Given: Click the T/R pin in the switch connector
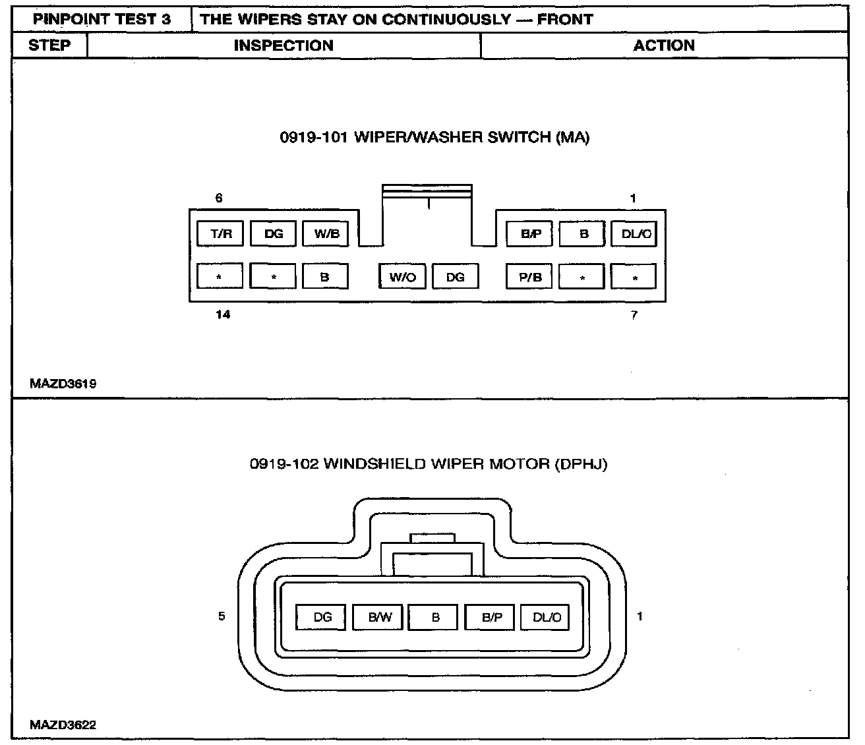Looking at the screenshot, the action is click(220, 234).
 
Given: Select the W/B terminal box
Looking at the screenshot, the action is click(326, 234).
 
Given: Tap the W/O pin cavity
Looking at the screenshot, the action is click(402, 277).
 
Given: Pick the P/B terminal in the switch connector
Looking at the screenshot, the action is click(529, 277).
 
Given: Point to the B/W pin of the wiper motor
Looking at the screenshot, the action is click(379, 618).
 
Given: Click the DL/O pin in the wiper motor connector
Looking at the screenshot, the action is click(546, 618).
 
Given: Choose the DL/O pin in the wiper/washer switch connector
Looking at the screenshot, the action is click(634, 234).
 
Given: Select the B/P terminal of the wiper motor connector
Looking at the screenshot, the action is click(491, 618).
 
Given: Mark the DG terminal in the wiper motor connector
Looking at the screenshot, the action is click(322, 618).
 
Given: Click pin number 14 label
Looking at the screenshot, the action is click(223, 314).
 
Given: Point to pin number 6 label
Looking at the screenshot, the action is click(219, 198).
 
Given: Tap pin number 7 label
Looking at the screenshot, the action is click(634, 315).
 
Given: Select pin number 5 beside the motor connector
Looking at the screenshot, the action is click(222, 616).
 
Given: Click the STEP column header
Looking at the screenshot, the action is click(49, 45).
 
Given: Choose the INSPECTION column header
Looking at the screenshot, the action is click(283, 45).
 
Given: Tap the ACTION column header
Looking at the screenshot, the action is click(664, 45).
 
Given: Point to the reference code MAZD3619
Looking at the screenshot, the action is click(63, 384).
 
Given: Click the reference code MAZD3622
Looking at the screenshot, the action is click(63, 725).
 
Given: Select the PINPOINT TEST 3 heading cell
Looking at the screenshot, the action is click(102, 19).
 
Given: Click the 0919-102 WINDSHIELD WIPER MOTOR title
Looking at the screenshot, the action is click(429, 464).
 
